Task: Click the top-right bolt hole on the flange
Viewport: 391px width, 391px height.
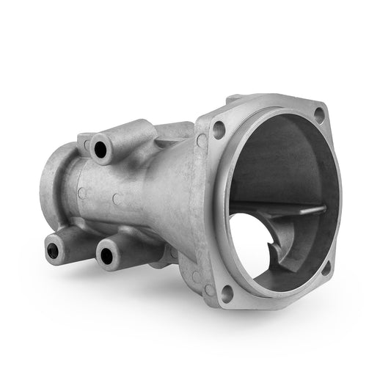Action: pos(318,114)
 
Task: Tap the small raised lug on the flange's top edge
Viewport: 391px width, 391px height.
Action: pos(233,98)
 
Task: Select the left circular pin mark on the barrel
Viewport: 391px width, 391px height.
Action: pos(82,193)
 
